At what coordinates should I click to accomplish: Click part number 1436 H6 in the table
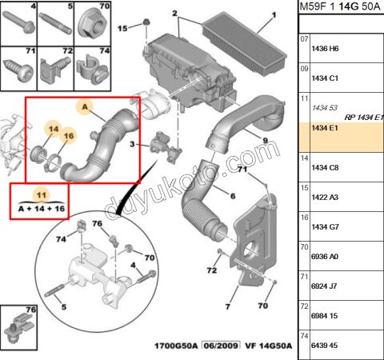pos(324,49)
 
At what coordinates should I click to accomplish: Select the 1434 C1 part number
pos(324,78)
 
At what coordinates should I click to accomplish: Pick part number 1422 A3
pos(324,197)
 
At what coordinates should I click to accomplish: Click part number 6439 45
pos(324,345)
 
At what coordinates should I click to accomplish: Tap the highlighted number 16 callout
pos(68,136)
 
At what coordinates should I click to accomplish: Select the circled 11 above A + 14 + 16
pos(42,194)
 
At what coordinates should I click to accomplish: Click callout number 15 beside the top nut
pos(122,28)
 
